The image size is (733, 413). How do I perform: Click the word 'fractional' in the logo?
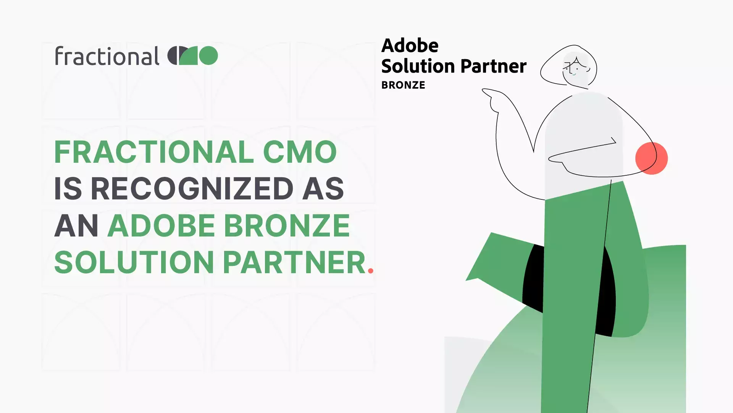pyautogui.click(x=107, y=56)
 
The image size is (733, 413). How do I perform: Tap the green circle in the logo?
pyautogui.click(x=208, y=56)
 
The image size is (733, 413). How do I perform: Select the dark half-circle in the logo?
pyautogui.click(x=173, y=56)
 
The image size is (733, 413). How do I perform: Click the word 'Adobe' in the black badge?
pyautogui.click(x=410, y=45)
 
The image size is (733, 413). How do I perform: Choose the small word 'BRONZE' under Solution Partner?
pyautogui.click(x=403, y=85)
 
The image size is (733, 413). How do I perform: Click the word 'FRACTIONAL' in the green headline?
pyautogui.click(x=154, y=152)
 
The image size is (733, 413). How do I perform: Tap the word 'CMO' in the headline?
pyautogui.click(x=300, y=152)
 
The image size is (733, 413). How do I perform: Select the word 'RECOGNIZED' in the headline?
pyautogui.click(x=192, y=188)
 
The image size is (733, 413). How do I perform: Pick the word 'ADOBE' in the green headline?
pyautogui.click(x=161, y=225)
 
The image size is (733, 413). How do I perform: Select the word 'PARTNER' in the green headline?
pyautogui.click(x=294, y=262)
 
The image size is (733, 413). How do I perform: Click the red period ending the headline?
pyautogui.click(x=370, y=271)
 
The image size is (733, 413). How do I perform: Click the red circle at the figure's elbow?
pyautogui.click(x=651, y=158)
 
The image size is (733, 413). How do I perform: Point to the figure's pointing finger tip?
pyautogui.click(x=483, y=91)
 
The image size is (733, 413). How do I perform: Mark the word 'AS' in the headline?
pyautogui.click(x=323, y=188)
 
